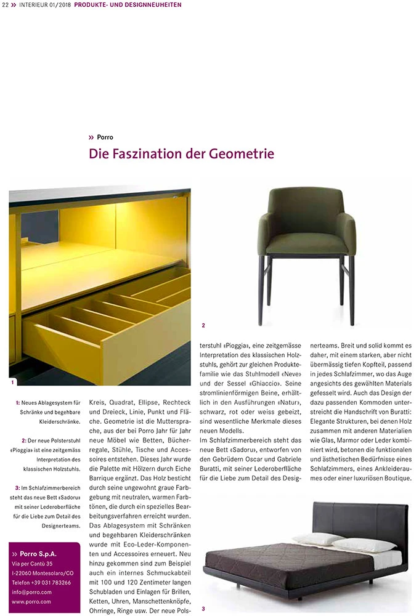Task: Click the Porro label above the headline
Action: click(x=104, y=137)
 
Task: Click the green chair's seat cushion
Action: click(x=307, y=243)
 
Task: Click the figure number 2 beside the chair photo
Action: click(x=203, y=325)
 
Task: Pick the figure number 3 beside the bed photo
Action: click(x=203, y=609)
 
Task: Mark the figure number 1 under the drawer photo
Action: click(x=12, y=383)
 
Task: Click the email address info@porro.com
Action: click(x=31, y=591)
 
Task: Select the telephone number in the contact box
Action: click(x=41, y=582)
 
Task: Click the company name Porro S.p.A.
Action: click(x=42, y=553)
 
